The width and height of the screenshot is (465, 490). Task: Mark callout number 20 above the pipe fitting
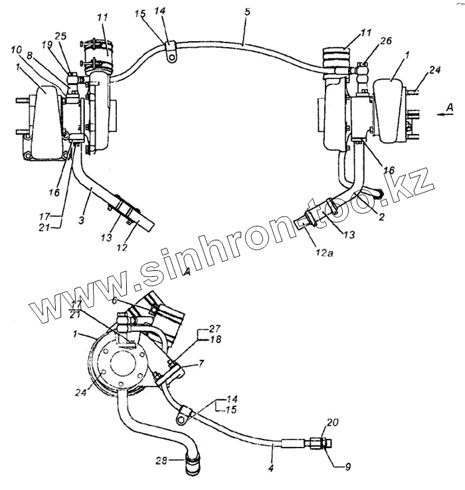333,422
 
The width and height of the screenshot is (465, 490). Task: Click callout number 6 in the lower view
114,301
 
